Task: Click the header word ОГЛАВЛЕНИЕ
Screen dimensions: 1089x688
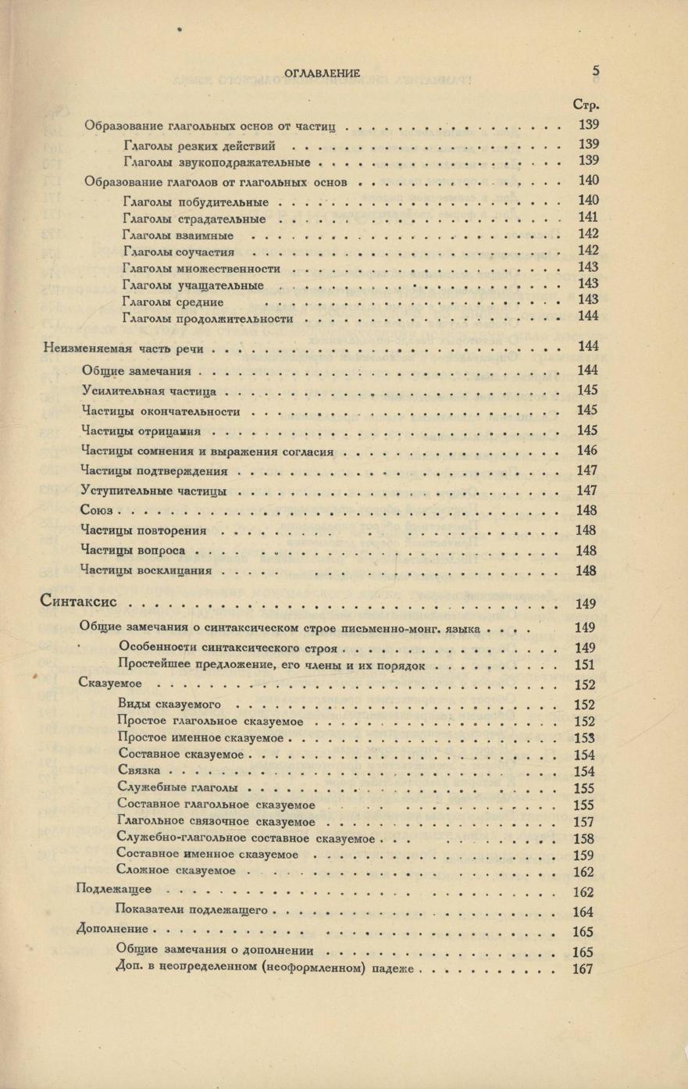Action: [323, 73]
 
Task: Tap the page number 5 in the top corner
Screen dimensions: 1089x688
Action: [595, 70]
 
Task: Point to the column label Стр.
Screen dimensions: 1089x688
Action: [585, 105]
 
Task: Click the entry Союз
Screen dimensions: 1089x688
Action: [97, 510]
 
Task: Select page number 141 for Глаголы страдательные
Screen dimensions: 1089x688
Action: [588, 218]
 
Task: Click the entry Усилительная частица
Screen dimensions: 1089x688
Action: [148, 391]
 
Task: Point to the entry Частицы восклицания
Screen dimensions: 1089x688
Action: [146, 571]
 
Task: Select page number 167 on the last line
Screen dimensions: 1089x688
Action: [583, 969]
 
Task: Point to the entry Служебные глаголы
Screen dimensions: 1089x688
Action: [177, 787]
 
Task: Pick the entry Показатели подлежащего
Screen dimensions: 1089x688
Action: [191, 910]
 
